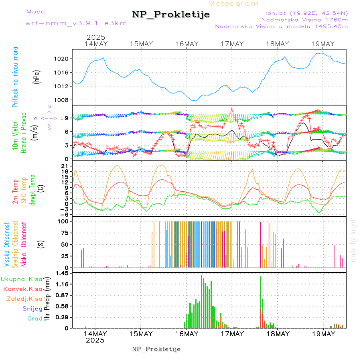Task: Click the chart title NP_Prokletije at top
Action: pyautogui.click(x=171, y=15)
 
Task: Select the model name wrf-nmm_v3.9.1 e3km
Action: pyautogui.click(x=76, y=23)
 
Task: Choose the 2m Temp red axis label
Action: pyautogui.click(x=15, y=192)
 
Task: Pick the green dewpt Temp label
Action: pyautogui.click(x=32, y=190)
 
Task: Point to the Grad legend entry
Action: pyautogui.click(x=35, y=318)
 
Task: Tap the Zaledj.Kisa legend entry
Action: pyautogui.click(x=24, y=298)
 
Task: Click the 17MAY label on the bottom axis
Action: pyautogui.click(x=232, y=334)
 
